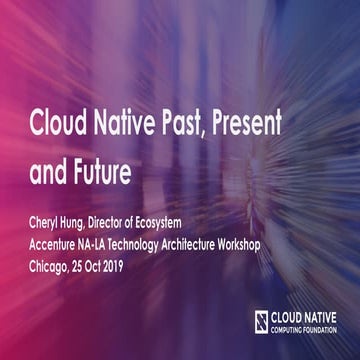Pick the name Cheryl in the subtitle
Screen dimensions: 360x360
[x=47, y=222]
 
